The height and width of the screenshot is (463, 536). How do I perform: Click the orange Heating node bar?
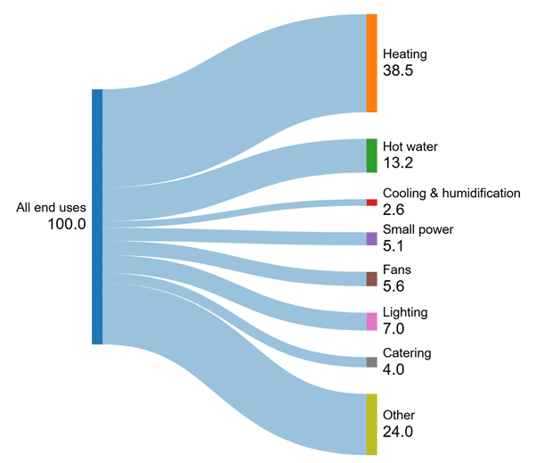[371, 63]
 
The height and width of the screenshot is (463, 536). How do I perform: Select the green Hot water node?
[371, 155]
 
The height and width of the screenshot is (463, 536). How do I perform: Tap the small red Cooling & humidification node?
[371, 203]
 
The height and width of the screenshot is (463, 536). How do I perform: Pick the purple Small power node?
[371, 238]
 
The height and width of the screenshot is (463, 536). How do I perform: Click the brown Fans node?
[371, 279]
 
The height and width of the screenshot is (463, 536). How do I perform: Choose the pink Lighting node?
[371, 321]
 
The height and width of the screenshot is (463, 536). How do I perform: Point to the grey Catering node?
[371, 362]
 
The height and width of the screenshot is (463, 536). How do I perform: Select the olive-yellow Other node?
[371, 424]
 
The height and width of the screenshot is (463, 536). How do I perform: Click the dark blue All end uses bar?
[97, 217]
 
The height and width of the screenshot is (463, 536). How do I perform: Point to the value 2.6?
[394, 210]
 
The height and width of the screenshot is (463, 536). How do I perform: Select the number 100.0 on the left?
[67, 226]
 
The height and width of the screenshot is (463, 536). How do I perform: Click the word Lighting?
[405, 312]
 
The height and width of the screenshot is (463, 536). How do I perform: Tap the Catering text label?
[407, 353]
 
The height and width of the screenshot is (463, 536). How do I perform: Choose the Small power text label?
[418, 229]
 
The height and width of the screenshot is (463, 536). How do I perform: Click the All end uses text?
[51, 208]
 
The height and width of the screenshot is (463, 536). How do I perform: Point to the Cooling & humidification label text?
[451, 193]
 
